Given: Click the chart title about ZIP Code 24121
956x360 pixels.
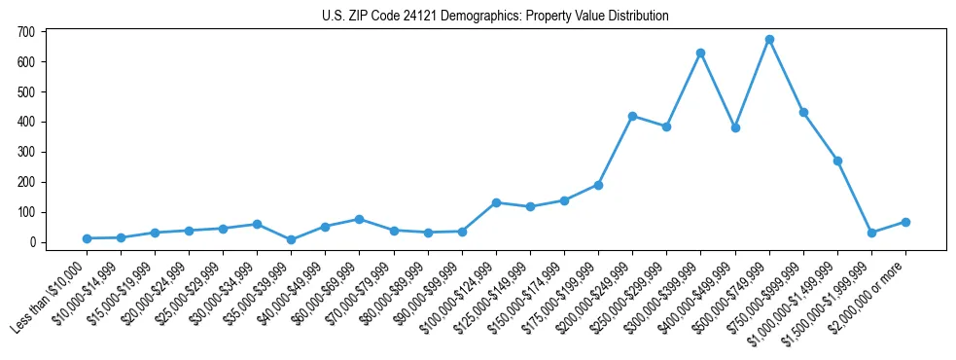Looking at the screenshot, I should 495,17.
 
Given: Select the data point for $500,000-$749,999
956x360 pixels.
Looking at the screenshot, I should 769,40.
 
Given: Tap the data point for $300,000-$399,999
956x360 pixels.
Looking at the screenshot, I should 700,53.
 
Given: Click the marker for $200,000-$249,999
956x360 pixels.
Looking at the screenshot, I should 632,116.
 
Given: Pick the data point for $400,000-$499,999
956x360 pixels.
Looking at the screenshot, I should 735,127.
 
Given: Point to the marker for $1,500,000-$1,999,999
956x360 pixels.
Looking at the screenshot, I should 871,233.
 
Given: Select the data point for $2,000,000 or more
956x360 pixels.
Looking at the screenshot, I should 905,222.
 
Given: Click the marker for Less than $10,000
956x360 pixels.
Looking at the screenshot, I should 87,238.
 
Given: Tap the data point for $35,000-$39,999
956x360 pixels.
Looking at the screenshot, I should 291,239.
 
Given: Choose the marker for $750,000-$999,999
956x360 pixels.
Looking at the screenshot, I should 803,112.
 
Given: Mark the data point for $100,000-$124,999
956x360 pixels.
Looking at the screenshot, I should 496,202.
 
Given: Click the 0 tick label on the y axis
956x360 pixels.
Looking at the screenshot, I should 32,242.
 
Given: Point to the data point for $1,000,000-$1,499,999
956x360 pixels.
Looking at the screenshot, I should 837,161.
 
